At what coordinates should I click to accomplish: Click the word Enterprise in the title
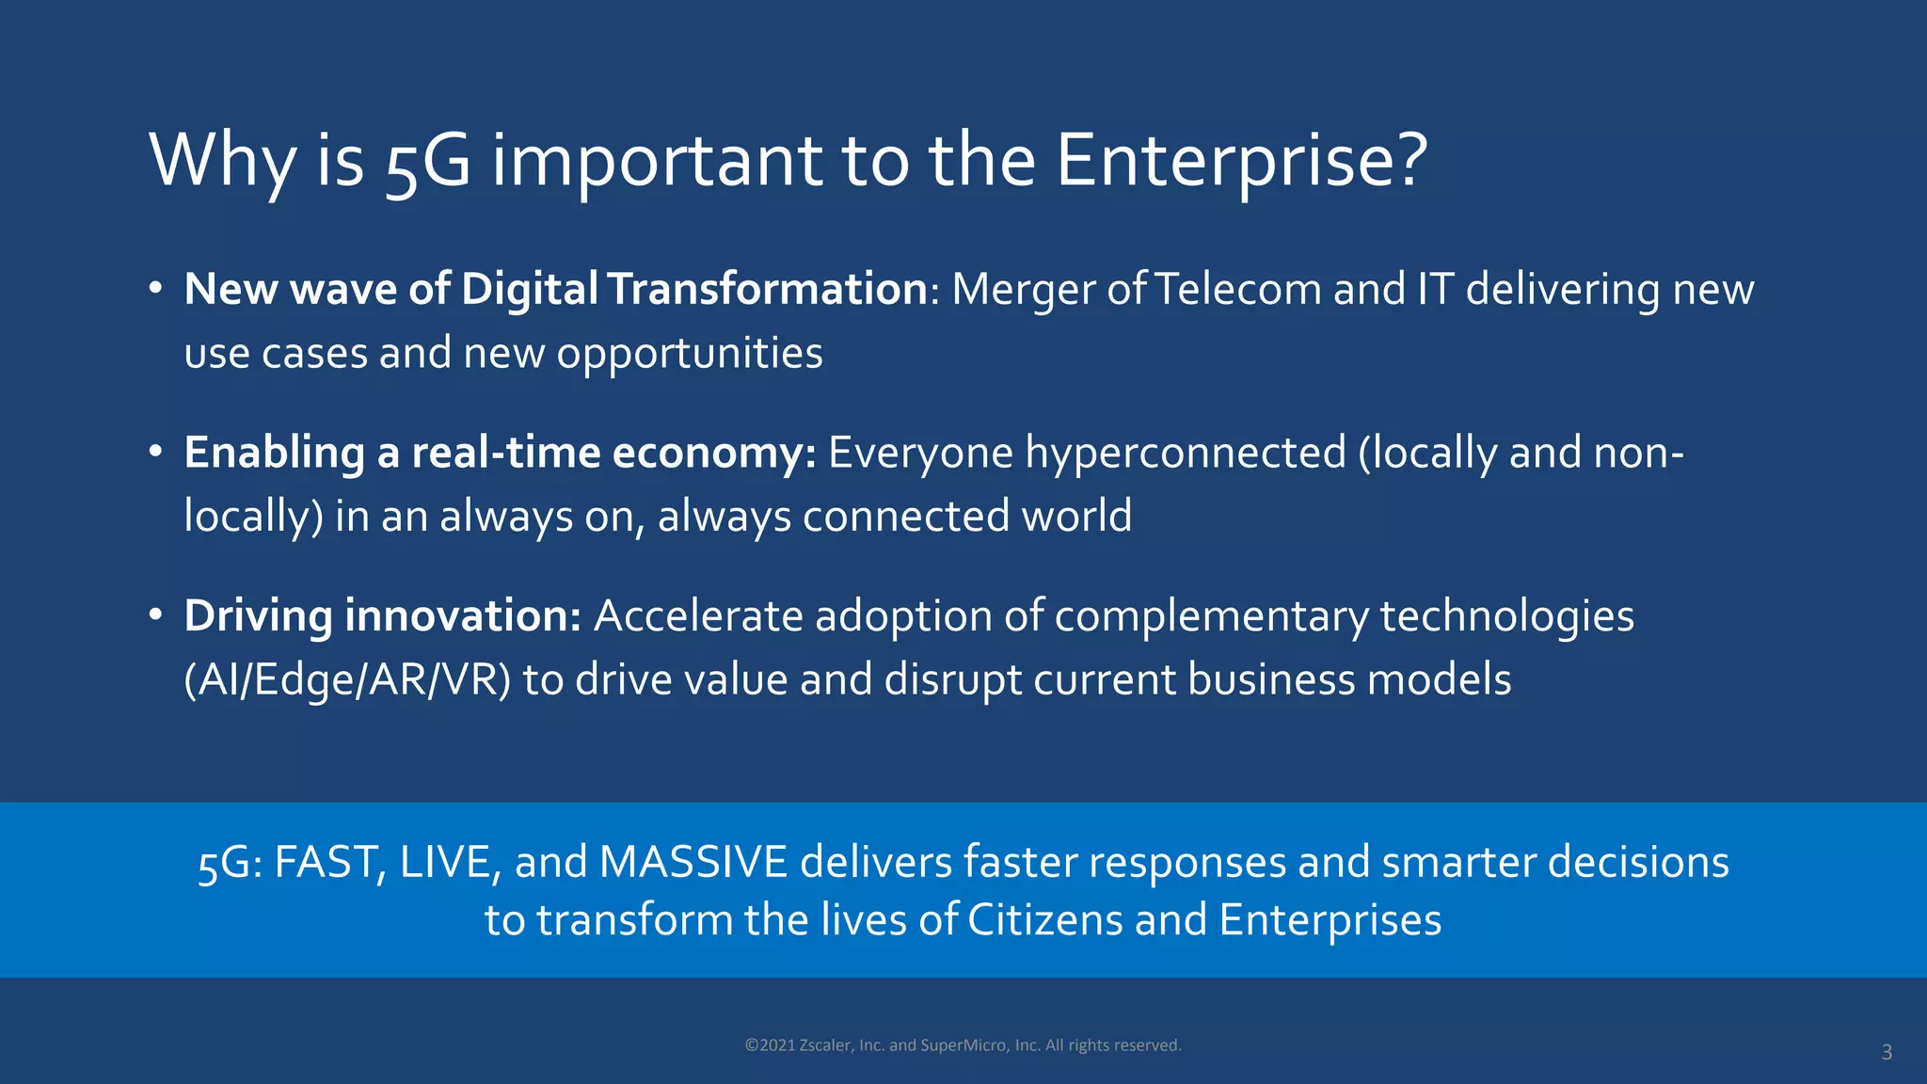tap(1240, 160)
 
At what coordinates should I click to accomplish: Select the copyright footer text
tap(963, 1045)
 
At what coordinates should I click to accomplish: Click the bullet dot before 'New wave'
tap(156, 288)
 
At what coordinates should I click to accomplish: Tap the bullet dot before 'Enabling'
tap(156, 452)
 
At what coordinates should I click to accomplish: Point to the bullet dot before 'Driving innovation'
tap(156, 615)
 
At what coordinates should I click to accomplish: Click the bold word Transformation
tap(768, 289)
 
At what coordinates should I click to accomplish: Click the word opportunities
tap(689, 354)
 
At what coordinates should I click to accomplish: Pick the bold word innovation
tap(462, 616)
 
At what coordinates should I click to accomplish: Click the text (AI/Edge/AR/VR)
tap(347, 680)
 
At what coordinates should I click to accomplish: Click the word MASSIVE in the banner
tap(693, 862)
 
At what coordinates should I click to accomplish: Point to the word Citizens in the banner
tap(1045, 919)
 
